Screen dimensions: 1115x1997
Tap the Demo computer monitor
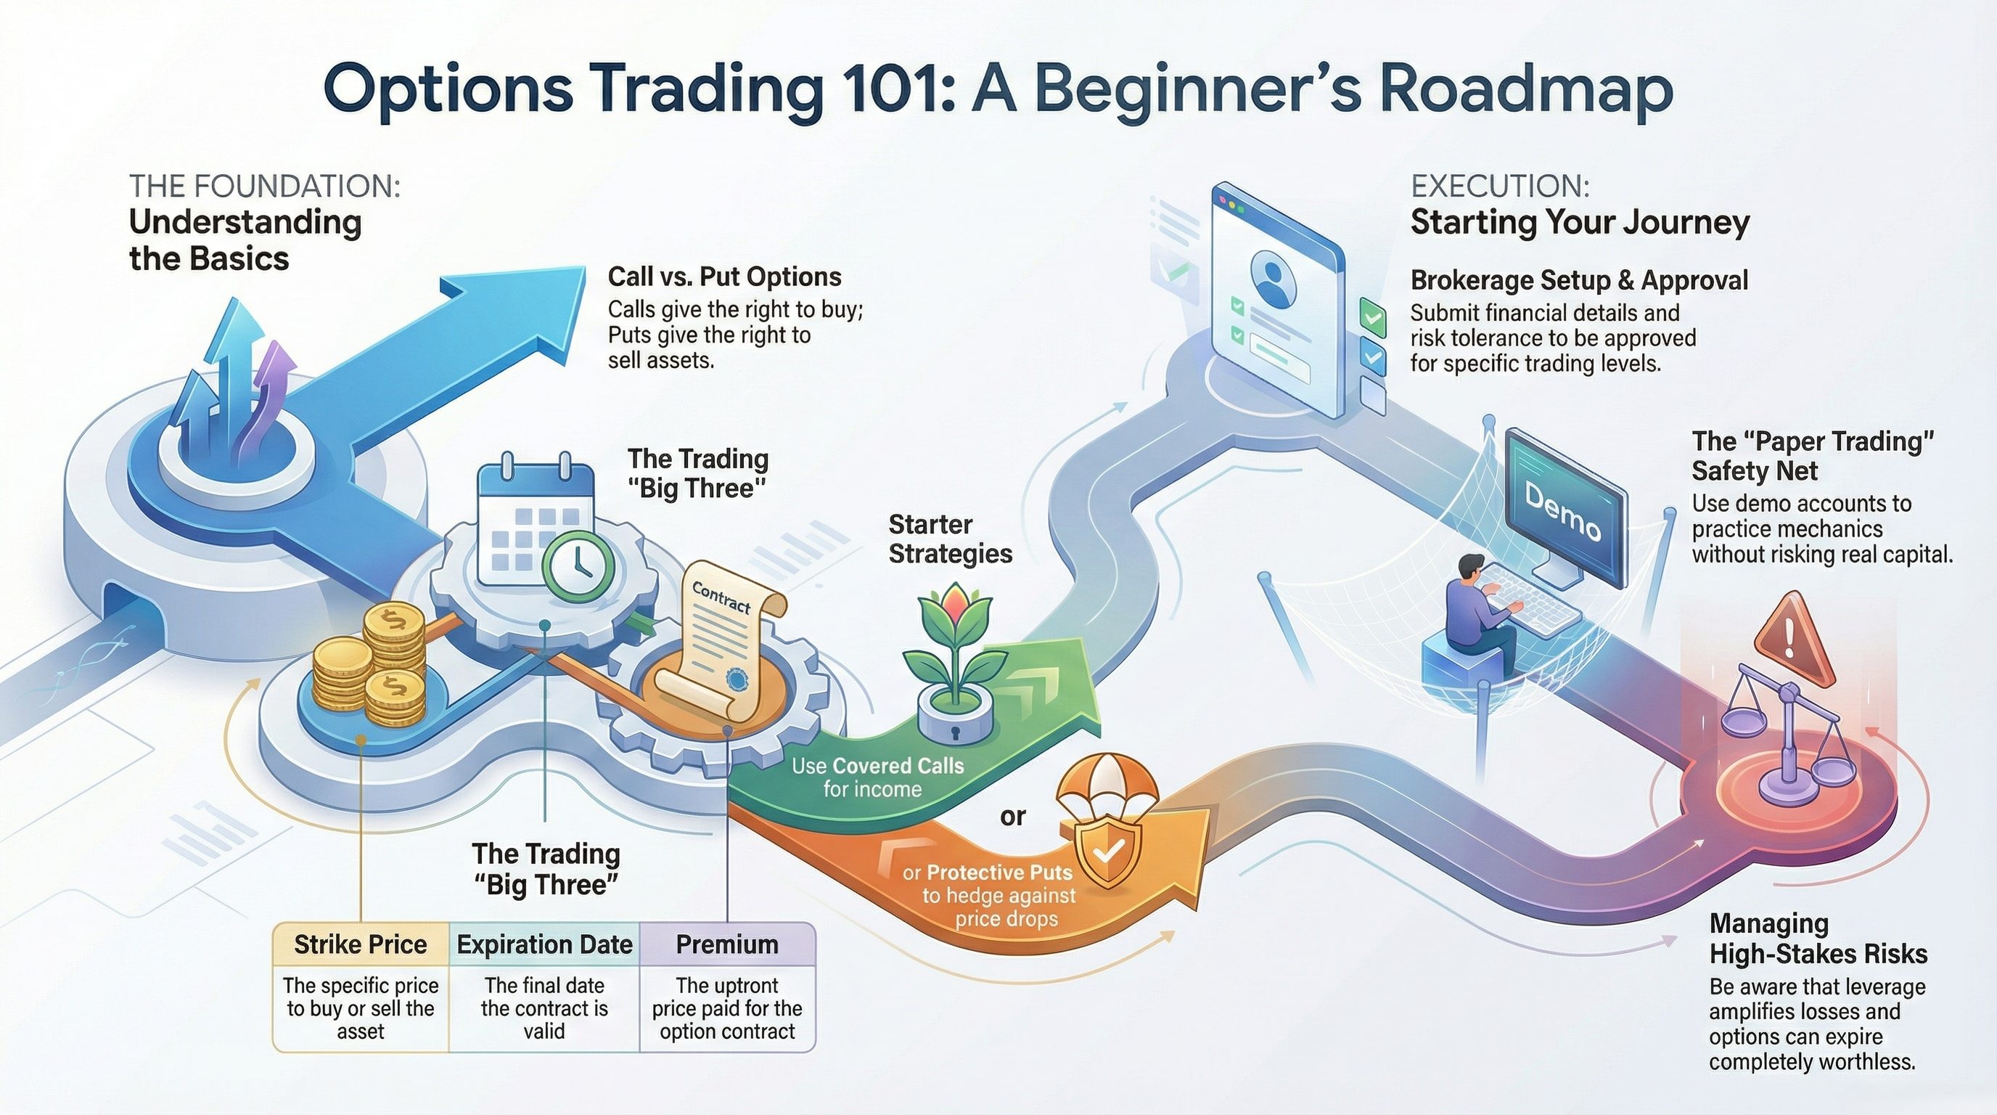[x=1565, y=509]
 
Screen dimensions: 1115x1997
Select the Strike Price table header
[x=361, y=944]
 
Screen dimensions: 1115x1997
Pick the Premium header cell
[x=727, y=944]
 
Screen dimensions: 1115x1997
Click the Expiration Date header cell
[x=544, y=944]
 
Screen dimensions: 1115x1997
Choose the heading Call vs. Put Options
[x=724, y=277]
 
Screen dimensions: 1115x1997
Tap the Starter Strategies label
[x=950, y=539]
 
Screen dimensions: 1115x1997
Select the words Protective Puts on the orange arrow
[x=999, y=873]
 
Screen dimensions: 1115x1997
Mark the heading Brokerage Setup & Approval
[x=1578, y=280]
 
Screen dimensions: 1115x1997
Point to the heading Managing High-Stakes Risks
[x=1818, y=938]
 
